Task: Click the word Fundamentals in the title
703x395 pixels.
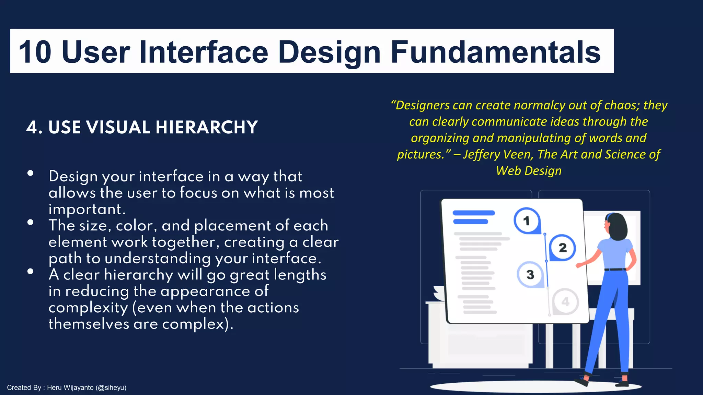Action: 495,52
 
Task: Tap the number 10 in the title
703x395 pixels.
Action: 35,52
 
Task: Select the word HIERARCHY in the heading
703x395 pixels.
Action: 206,127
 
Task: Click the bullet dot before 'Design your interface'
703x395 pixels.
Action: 31,173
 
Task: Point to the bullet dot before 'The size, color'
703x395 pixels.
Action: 31,222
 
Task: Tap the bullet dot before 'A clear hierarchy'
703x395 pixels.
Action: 31,271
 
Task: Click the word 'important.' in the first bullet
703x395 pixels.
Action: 87,209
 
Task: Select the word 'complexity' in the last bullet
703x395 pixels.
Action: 88,308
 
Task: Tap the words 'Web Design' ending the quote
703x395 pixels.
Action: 529,171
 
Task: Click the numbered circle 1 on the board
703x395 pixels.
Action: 527,221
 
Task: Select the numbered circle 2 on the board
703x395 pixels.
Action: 562,248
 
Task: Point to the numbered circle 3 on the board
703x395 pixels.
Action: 530,274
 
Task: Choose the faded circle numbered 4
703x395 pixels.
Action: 565,302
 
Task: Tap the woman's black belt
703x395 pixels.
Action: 615,270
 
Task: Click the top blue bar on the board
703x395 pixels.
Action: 474,213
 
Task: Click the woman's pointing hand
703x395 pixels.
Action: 579,265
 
